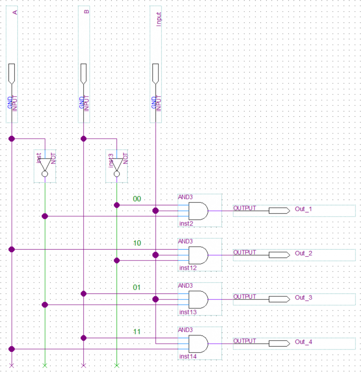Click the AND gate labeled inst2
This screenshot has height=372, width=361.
(x=198, y=211)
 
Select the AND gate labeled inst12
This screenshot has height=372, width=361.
(x=198, y=255)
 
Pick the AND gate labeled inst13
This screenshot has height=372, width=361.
(x=198, y=299)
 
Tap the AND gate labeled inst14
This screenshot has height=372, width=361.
(x=198, y=344)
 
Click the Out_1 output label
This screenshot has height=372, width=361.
(x=303, y=210)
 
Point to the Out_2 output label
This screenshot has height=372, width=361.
(x=303, y=254)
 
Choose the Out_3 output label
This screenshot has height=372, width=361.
(x=303, y=298)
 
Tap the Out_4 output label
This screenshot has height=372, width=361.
(x=303, y=342)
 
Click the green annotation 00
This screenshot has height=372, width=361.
(x=137, y=199)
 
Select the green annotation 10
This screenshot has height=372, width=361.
(x=137, y=243)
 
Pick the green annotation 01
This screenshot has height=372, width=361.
(x=137, y=288)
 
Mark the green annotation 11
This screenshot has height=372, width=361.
(x=137, y=332)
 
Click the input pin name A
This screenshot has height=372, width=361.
(x=15, y=13)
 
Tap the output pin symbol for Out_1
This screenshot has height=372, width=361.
(x=279, y=211)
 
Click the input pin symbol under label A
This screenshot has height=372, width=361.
(x=12, y=73)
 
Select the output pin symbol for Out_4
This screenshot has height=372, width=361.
(x=279, y=343)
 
